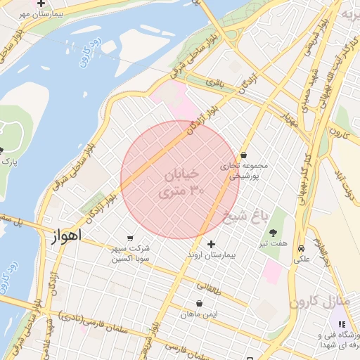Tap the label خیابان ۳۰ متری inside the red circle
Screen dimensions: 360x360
[183, 181]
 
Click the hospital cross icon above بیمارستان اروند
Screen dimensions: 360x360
[211, 244]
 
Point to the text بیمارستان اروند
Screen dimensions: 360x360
[211, 255]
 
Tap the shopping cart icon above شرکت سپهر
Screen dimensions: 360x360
[130, 239]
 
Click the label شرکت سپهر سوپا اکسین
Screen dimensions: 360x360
[130, 254]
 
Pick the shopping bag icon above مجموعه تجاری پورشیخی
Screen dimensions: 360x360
[243, 155]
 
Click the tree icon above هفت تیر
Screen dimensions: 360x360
[273, 232]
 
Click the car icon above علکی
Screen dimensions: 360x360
[302, 248]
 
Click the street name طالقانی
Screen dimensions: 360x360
[209, 287]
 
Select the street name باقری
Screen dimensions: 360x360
[213, 82]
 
